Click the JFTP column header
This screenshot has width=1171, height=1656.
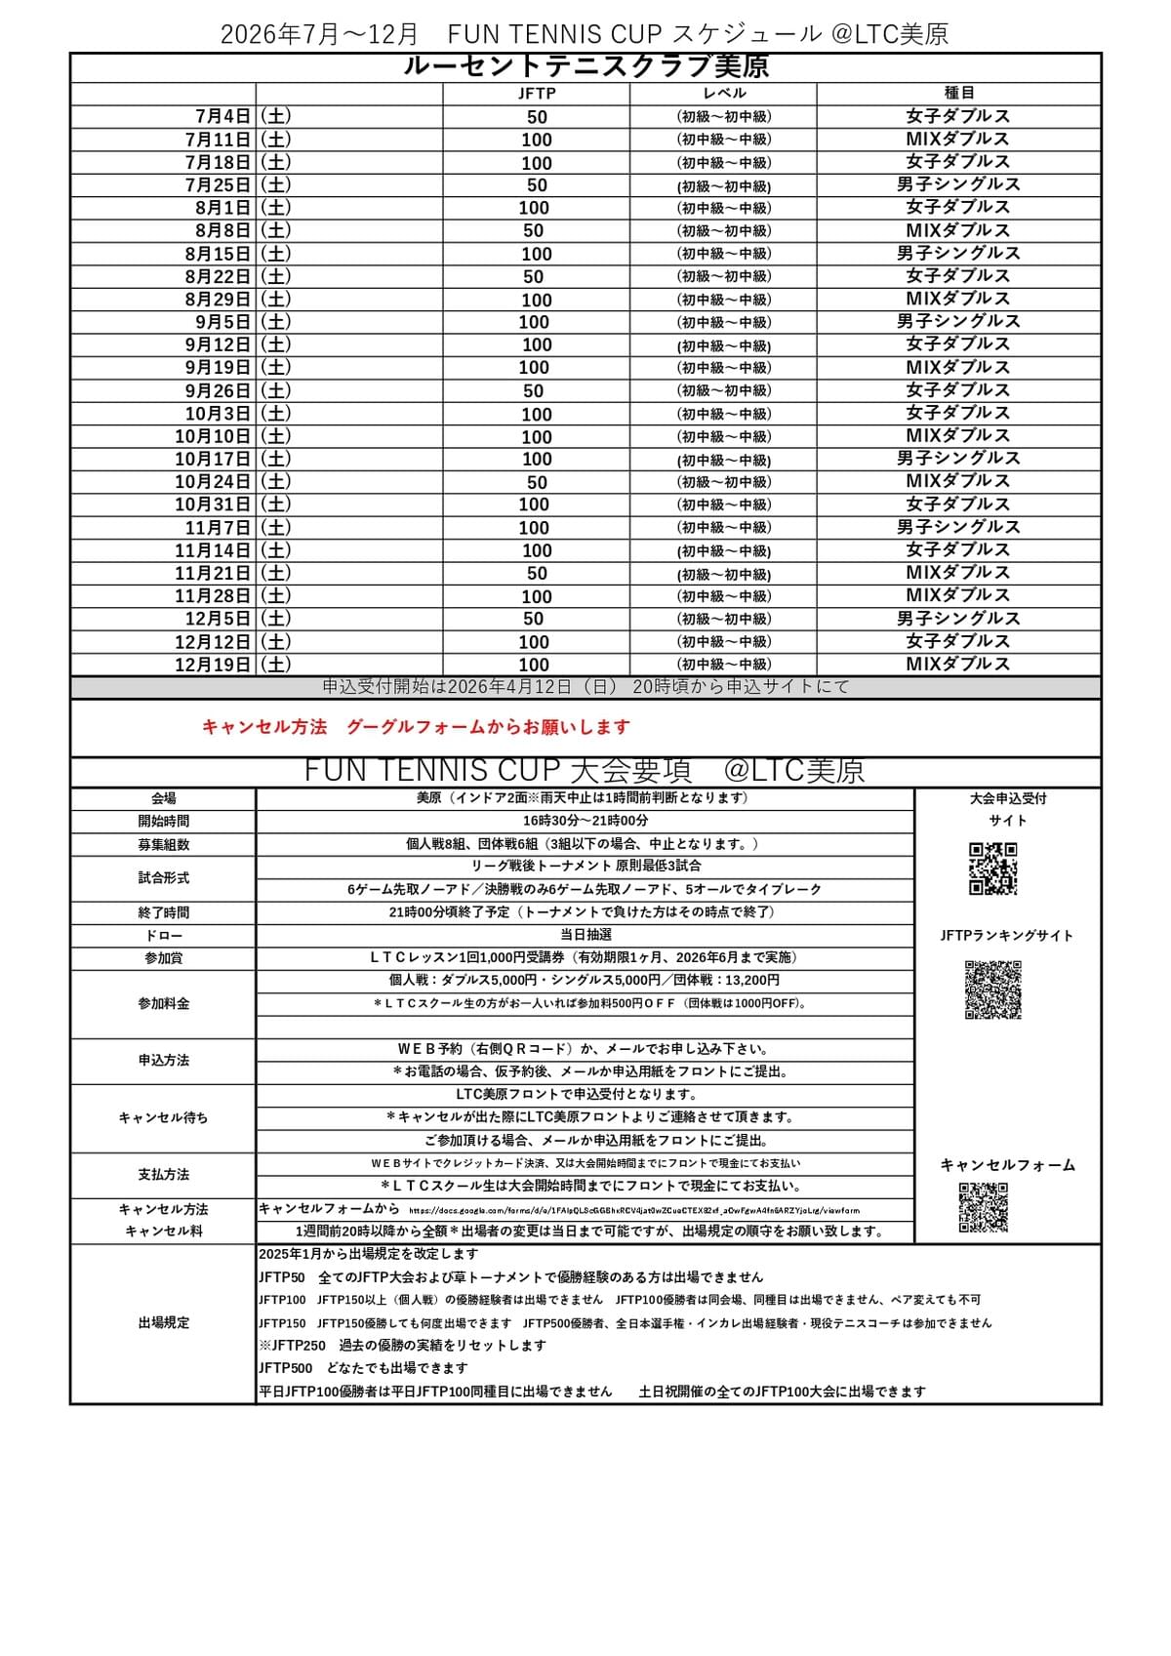click(536, 94)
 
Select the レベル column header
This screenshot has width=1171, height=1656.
click(724, 94)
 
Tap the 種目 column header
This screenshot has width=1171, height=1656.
click(958, 94)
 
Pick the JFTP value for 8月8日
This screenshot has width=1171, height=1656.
click(534, 231)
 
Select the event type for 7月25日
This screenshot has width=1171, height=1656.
click(958, 184)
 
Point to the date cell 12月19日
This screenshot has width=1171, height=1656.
click(213, 665)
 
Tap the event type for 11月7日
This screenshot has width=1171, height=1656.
click(958, 527)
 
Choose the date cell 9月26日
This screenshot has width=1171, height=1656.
click(219, 391)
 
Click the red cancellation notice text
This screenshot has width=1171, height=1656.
click(416, 727)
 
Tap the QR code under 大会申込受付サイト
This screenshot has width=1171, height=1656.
click(992, 868)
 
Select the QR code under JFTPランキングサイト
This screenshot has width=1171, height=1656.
click(992, 990)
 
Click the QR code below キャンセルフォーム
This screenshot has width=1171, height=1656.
click(983, 1207)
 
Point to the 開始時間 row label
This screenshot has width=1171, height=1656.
click(164, 822)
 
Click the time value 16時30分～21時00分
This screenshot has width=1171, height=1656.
click(585, 822)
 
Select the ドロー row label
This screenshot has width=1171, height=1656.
click(164, 936)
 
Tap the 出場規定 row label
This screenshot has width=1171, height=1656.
click(164, 1323)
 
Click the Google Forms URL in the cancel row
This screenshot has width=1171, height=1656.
click(634, 1210)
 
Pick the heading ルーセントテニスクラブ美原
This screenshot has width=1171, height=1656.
click(585, 67)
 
